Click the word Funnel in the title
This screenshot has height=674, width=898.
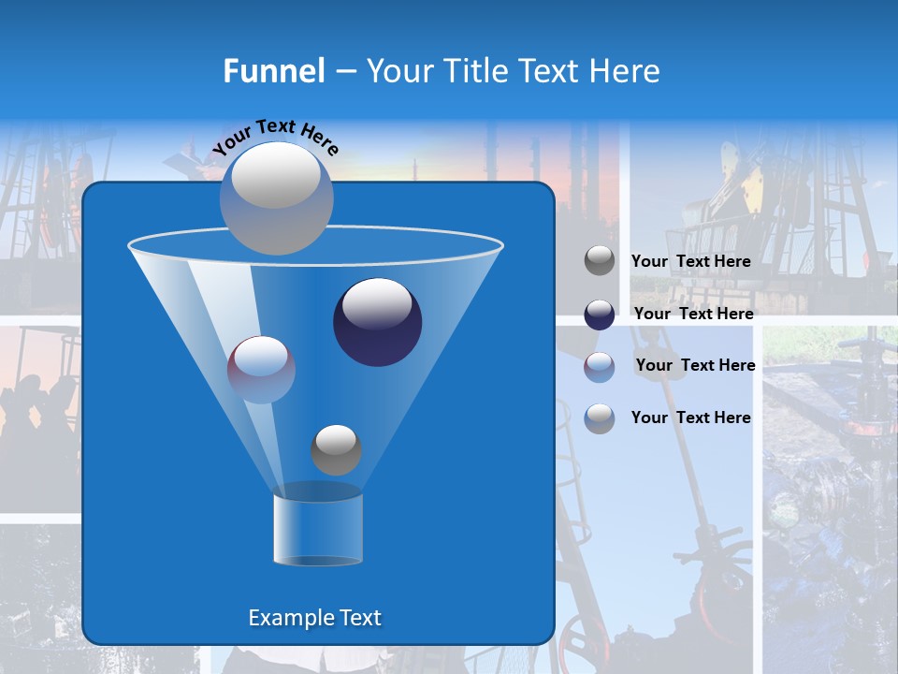tap(273, 71)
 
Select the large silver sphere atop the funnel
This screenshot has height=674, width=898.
tap(276, 198)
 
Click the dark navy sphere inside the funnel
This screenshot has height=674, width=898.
tap(377, 322)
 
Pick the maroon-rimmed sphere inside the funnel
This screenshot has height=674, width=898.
tap(261, 370)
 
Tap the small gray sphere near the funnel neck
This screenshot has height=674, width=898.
tap(336, 449)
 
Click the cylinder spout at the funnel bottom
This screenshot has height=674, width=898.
tap(317, 529)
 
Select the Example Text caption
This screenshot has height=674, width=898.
tap(314, 618)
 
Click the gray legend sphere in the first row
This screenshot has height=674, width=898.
tap(600, 261)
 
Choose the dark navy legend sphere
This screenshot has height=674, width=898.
tap(600, 315)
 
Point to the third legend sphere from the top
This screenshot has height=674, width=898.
tap(600, 367)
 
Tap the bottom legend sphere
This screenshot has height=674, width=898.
tap(600, 418)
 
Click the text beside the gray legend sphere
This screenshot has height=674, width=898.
tap(690, 261)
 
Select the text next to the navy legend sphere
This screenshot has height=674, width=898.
tap(693, 314)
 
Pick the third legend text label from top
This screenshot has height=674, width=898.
tap(695, 365)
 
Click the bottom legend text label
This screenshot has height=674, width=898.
tap(690, 418)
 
